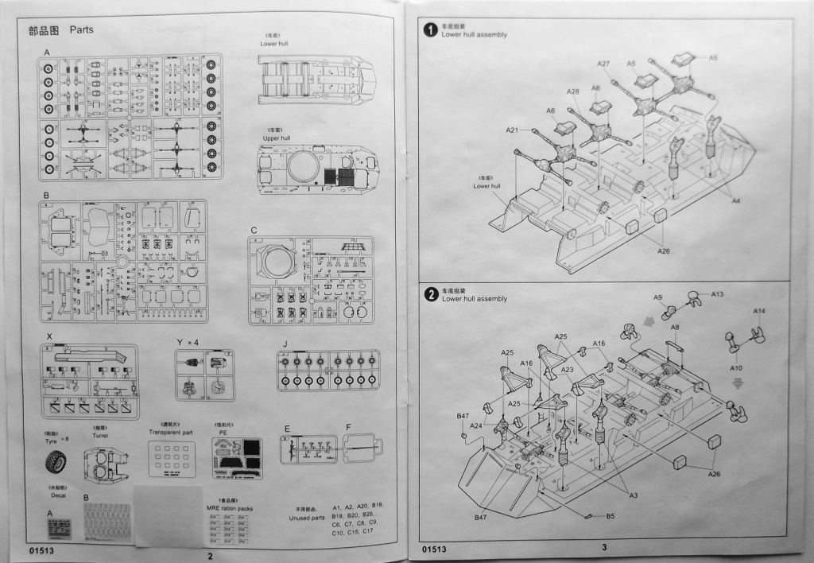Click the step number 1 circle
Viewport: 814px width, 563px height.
(431, 30)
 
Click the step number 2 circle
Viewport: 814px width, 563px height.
(431, 294)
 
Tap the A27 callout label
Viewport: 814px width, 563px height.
(603, 64)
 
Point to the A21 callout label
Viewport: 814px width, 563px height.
(512, 130)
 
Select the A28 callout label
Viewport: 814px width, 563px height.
(573, 92)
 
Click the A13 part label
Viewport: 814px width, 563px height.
(717, 294)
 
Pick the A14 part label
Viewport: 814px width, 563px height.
(759, 310)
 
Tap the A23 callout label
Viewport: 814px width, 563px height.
(568, 370)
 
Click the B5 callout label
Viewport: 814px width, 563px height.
(610, 516)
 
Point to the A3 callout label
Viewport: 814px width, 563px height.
(634, 496)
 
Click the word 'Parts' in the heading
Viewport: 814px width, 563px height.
(81, 30)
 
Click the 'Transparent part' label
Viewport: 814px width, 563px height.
(172, 432)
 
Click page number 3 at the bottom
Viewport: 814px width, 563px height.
(604, 547)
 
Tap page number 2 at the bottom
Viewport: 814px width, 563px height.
(210, 555)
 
